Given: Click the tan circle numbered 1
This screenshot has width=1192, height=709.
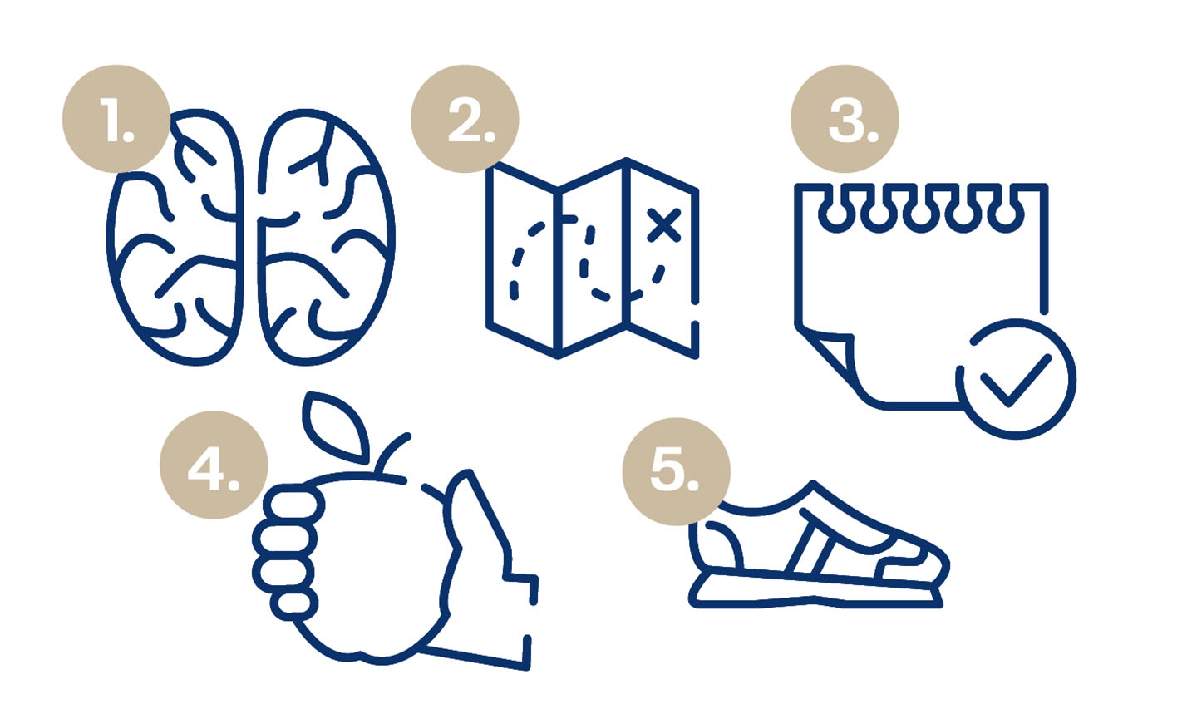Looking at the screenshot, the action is click(x=116, y=119).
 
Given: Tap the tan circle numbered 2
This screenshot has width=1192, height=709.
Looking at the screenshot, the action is click(x=465, y=119).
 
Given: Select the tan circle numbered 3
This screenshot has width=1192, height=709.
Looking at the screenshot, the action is click(x=845, y=119).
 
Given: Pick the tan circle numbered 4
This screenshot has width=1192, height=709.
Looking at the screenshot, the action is click(x=214, y=465).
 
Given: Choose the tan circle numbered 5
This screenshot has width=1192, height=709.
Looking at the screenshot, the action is click(x=677, y=471).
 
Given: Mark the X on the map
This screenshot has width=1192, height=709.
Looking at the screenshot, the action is click(x=664, y=225).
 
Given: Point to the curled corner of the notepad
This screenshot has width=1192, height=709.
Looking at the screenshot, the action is click(x=830, y=352).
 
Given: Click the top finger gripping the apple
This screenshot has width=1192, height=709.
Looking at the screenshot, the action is click(x=294, y=505).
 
